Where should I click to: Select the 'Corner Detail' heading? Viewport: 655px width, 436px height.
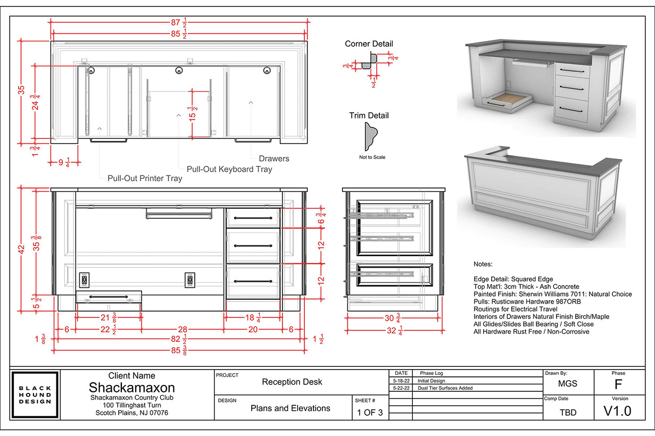pos(369,44)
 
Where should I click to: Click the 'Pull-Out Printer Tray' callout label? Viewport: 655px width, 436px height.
pos(145,179)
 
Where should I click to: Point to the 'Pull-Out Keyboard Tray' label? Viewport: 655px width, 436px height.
pos(229,169)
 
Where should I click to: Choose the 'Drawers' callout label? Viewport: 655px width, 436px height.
pos(274,158)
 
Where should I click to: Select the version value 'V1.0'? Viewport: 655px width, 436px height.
pos(618,410)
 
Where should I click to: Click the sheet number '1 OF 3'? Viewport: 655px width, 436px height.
pos(369,412)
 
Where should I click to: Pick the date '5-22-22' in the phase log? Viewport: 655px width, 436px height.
pos(401,388)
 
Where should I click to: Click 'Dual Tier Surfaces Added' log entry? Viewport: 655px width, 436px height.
pos(445,388)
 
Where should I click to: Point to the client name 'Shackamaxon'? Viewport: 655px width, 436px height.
pos(131,387)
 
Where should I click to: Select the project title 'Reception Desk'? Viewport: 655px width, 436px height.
pos(292,382)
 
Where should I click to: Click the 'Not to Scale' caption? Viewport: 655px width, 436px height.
pos(372,157)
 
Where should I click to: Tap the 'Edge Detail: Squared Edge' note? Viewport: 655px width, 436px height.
pos(513,279)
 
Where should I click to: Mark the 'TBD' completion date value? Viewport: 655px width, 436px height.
pos(568,412)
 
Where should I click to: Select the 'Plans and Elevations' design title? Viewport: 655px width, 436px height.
pos(291,408)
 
